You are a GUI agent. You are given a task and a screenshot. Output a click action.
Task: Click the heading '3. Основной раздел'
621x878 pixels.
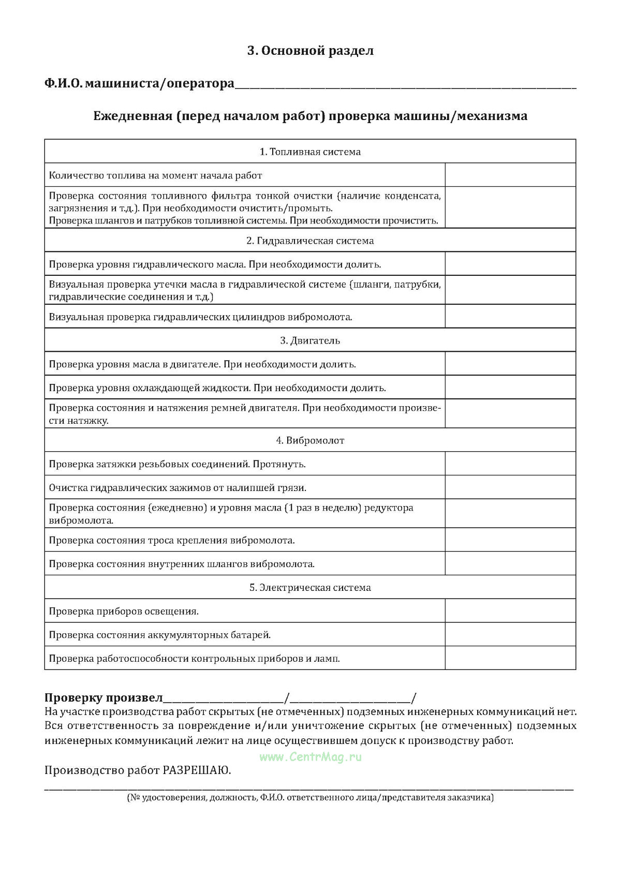pyautogui.click(x=310, y=51)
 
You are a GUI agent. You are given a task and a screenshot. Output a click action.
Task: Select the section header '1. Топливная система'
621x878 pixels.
pyautogui.click(x=310, y=152)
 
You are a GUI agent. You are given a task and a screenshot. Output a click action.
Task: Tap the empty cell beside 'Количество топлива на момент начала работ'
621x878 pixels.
pyautogui.click(x=510, y=175)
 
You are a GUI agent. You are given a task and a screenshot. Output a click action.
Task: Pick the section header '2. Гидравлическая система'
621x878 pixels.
pyautogui.click(x=310, y=241)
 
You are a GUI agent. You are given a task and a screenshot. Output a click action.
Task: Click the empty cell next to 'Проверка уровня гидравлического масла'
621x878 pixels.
pyautogui.click(x=510, y=264)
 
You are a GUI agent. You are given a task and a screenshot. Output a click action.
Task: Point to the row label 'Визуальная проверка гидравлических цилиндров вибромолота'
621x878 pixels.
pyautogui.click(x=201, y=317)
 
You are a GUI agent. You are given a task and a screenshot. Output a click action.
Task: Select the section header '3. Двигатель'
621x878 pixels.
pyautogui.click(x=310, y=340)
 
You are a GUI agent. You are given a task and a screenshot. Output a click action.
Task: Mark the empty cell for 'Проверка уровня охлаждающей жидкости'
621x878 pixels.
pyautogui.click(x=510, y=387)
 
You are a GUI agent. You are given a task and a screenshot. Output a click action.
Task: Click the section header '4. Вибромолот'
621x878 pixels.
pyautogui.click(x=310, y=440)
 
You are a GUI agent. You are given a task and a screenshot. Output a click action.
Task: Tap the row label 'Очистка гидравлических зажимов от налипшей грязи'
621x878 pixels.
pyautogui.click(x=178, y=487)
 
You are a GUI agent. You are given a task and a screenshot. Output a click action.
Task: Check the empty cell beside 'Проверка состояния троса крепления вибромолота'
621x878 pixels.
pyautogui.click(x=510, y=540)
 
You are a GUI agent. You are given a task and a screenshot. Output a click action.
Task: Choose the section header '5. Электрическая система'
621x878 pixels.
pyautogui.click(x=310, y=588)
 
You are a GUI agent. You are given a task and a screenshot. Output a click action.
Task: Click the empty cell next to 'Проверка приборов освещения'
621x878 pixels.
pyautogui.click(x=510, y=611)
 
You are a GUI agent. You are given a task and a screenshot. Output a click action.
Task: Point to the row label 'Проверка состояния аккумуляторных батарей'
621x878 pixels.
pyautogui.click(x=160, y=635)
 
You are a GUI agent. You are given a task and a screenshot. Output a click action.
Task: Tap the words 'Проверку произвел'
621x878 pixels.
pyautogui.click(x=103, y=698)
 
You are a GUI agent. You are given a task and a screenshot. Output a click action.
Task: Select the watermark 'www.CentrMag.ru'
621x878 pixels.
pyautogui.click(x=310, y=757)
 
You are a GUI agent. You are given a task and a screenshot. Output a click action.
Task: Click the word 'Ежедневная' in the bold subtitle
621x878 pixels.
pyautogui.click(x=132, y=116)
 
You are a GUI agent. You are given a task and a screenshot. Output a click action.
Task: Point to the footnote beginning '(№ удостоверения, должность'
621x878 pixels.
pyautogui.click(x=310, y=797)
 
